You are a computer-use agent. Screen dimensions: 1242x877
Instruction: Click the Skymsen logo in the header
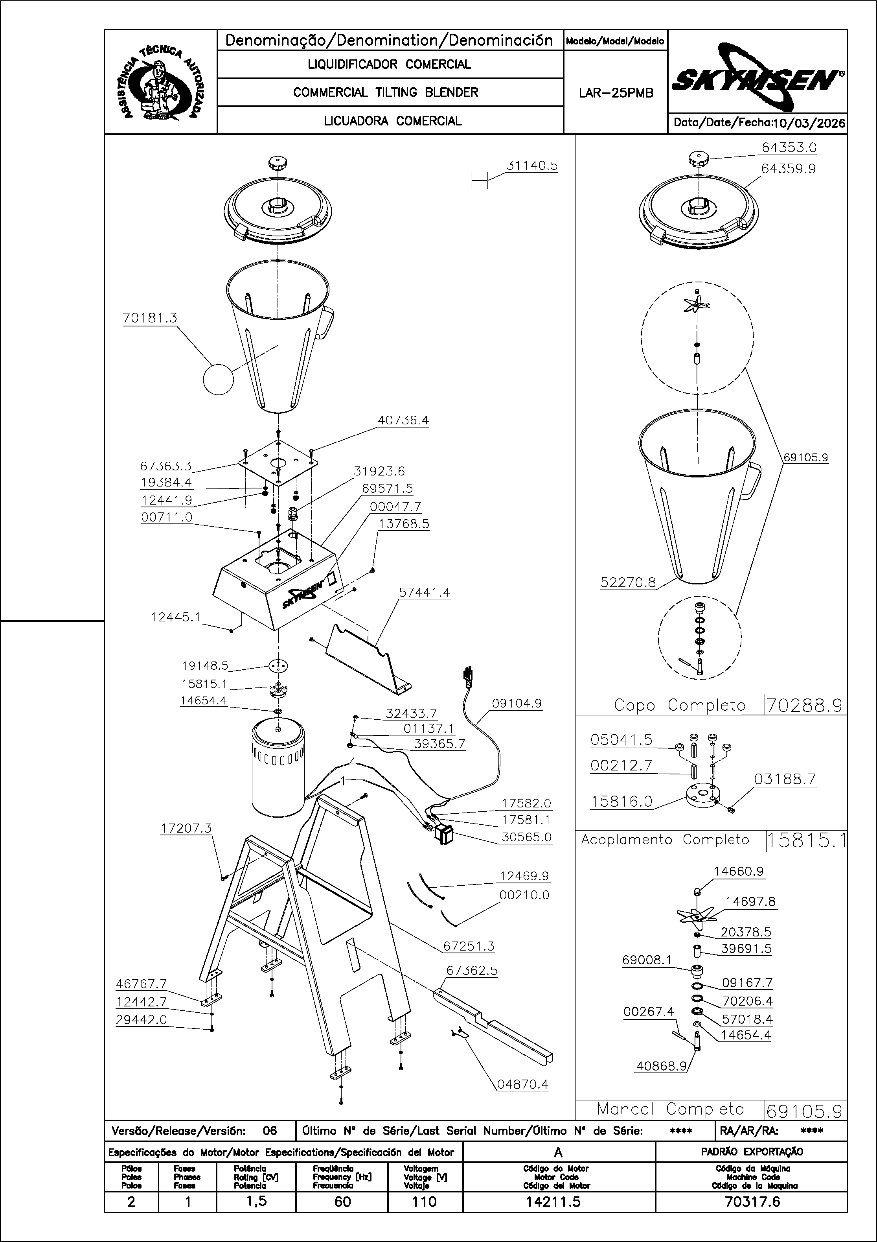[x=757, y=81]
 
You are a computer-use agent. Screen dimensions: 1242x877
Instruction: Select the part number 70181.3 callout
[x=150, y=318]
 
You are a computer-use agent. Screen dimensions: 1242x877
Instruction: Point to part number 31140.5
[x=531, y=166]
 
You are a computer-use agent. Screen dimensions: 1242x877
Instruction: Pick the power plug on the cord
[x=467, y=678]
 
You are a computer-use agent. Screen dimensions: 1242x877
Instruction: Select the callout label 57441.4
[x=425, y=592]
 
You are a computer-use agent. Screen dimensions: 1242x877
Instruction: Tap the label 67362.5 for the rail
[x=471, y=971]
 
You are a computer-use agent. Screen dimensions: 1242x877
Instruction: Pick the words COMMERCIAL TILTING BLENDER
[x=386, y=92]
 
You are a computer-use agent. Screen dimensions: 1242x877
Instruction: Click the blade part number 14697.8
[x=750, y=901]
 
